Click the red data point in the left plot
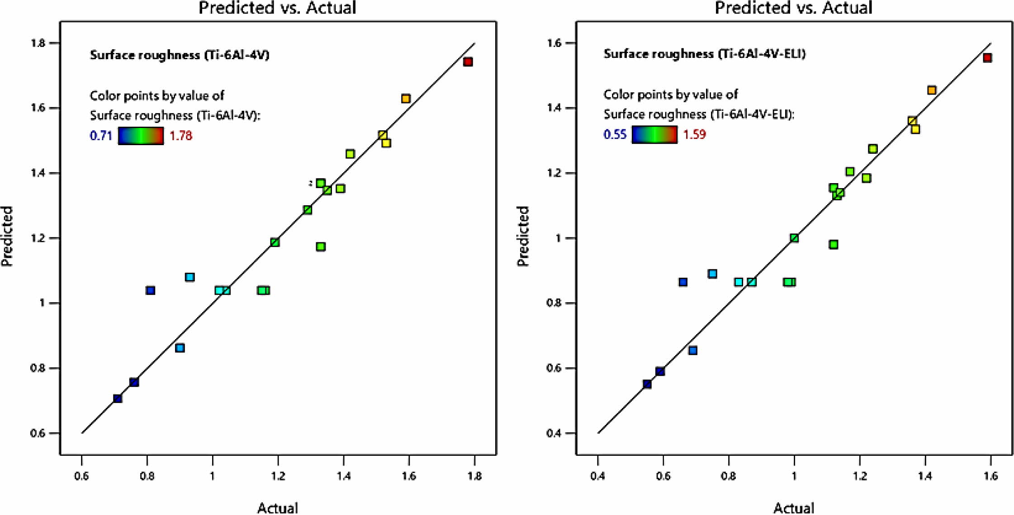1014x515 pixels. [468, 61]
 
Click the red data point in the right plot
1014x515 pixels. [987, 57]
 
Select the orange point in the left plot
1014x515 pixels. [406, 99]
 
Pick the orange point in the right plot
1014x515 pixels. [932, 90]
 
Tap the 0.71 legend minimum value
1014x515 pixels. [101, 136]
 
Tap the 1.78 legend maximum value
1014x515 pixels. [181, 136]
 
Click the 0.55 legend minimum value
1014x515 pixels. [615, 134]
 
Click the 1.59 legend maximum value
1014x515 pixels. [694, 134]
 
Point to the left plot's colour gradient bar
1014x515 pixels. [141, 136]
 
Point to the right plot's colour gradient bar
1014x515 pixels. [654, 134]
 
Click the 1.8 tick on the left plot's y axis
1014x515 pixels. [38, 43]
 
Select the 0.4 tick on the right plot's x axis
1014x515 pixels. [598, 476]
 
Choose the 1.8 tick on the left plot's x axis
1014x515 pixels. [474, 476]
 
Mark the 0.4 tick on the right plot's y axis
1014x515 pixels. [554, 433]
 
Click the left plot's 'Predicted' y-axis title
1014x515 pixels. [7, 236]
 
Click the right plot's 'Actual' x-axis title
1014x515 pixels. [794, 508]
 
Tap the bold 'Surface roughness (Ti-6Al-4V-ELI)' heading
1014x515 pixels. [704, 54]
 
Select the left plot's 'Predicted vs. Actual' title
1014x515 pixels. [277, 8]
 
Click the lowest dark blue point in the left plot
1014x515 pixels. [118, 398]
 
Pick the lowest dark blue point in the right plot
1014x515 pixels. [647, 384]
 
